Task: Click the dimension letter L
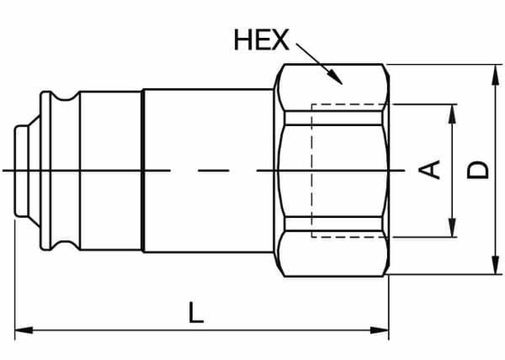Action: pos(196,312)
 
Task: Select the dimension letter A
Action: pos(433,169)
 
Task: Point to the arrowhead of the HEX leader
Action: pos(336,79)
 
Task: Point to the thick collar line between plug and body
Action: pos(144,169)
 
